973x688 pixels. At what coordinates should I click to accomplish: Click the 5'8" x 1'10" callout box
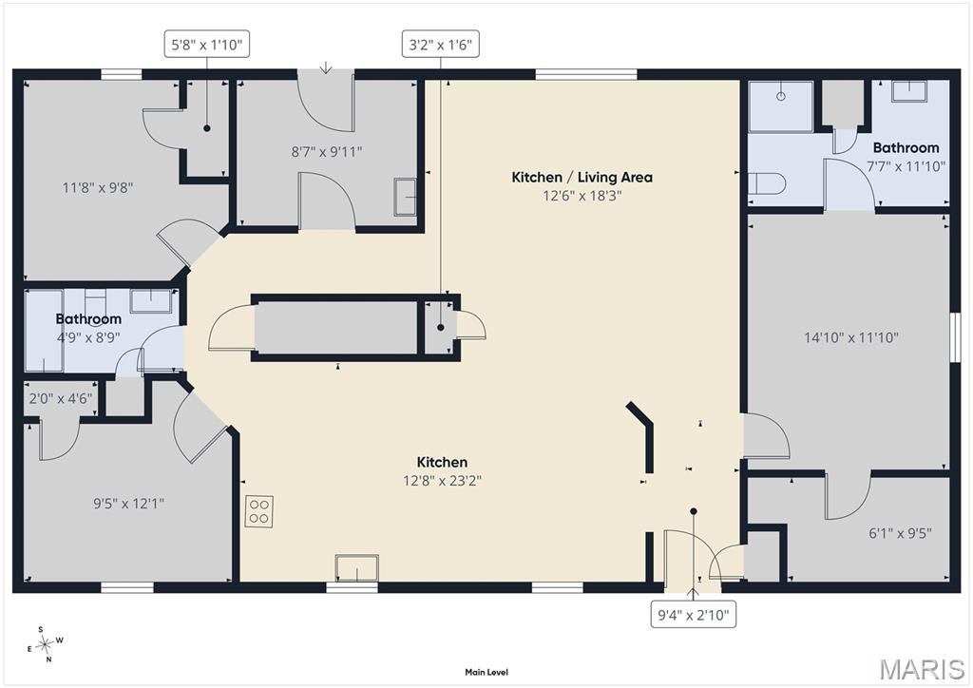point(206,44)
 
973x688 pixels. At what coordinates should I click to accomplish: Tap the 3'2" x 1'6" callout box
point(441,44)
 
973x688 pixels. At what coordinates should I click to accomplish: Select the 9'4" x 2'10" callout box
point(693,615)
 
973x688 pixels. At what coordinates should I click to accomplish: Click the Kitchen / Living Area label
point(582,178)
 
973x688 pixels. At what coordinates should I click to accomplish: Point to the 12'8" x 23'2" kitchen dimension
point(443,481)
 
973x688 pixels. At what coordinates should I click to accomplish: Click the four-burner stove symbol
point(259,511)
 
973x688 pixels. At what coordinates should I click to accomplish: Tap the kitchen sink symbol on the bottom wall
point(357,567)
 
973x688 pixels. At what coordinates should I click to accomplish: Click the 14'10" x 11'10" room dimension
point(851,338)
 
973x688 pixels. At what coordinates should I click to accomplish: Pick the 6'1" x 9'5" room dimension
point(900,533)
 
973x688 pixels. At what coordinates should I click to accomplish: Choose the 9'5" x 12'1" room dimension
point(129,503)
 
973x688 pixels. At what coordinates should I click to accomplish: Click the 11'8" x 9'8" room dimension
point(98,187)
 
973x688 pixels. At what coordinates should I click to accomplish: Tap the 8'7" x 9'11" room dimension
point(327,152)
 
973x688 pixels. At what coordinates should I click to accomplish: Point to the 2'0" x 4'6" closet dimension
point(60,398)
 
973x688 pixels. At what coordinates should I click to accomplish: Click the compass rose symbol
point(45,644)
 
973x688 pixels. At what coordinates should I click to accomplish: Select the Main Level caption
point(486,672)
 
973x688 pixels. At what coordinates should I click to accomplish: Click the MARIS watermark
point(922,669)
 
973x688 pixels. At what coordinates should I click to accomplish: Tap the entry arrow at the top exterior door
point(326,67)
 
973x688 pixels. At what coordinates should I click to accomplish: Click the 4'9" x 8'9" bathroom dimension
point(88,337)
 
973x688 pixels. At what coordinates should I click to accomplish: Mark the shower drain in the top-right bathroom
point(781,96)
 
